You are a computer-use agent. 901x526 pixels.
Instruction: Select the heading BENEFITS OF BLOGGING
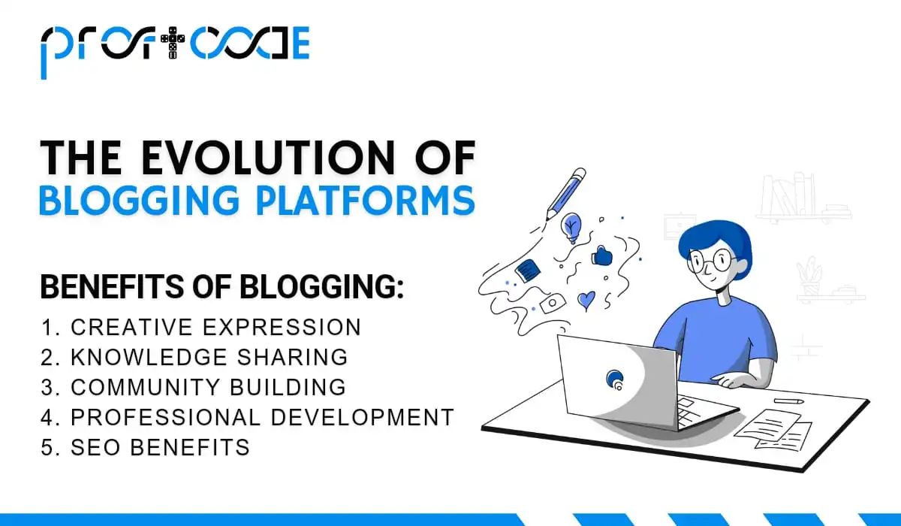pos(221,288)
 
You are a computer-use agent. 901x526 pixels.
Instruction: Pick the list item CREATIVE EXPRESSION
pos(215,328)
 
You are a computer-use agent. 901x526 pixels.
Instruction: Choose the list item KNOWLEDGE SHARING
pos(209,357)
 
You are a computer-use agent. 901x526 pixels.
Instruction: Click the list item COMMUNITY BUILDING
pos(208,387)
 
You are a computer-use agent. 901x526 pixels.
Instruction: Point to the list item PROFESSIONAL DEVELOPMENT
pos(262,417)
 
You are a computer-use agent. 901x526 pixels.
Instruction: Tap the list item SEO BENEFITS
pos(160,447)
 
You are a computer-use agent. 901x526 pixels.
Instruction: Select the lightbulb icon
pos(572,226)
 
